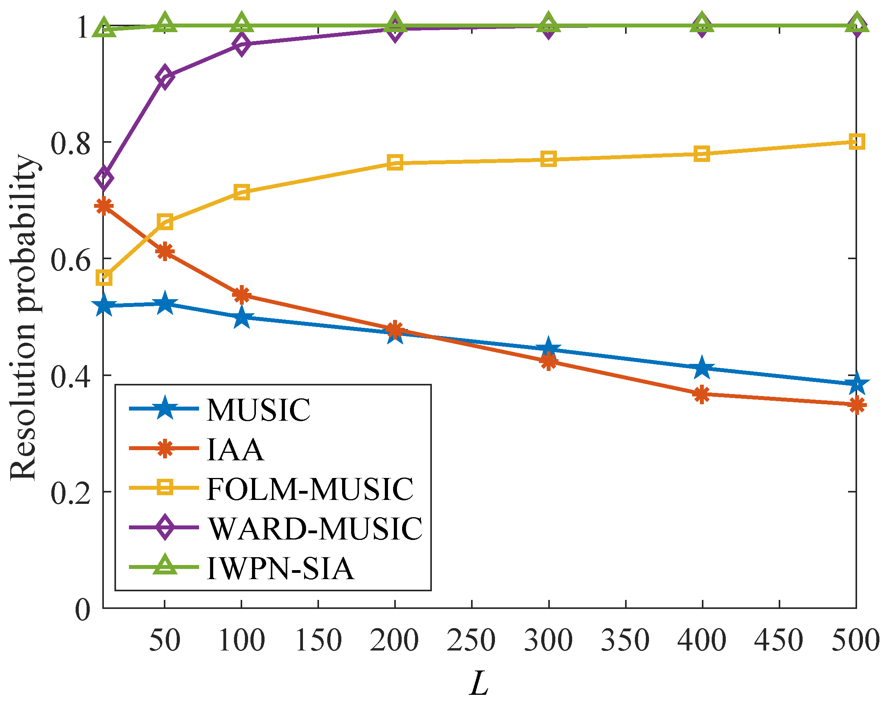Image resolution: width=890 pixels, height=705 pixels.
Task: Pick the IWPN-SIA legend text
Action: [280, 569]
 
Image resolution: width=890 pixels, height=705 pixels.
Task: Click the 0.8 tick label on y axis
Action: [70, 143]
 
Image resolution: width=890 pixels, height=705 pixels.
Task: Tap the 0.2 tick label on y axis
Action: [70, 493]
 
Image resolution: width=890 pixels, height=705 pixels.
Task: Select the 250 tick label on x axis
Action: [471, 640]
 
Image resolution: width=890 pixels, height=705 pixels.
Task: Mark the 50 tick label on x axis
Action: [165, 640]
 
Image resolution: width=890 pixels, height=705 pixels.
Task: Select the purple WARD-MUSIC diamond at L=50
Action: [165, 77]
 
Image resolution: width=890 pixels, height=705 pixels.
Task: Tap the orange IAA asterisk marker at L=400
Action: [702, 394]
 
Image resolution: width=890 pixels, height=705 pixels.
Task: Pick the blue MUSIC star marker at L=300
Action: [548, 348]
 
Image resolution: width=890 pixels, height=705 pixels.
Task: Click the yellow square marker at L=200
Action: [395, 163]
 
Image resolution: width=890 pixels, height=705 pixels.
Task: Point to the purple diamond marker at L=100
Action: [241, 44]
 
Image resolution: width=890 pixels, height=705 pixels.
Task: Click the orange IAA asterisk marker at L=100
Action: [241, 295]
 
